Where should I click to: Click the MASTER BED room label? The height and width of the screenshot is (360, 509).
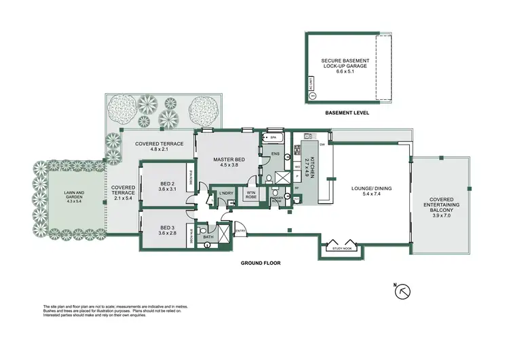click(229, 160)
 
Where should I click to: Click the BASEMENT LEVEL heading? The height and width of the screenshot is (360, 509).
click(347, 113)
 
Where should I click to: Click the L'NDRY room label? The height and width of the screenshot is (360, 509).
click(227, 194)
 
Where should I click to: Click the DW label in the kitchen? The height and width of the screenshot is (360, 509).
click(322, 145)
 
